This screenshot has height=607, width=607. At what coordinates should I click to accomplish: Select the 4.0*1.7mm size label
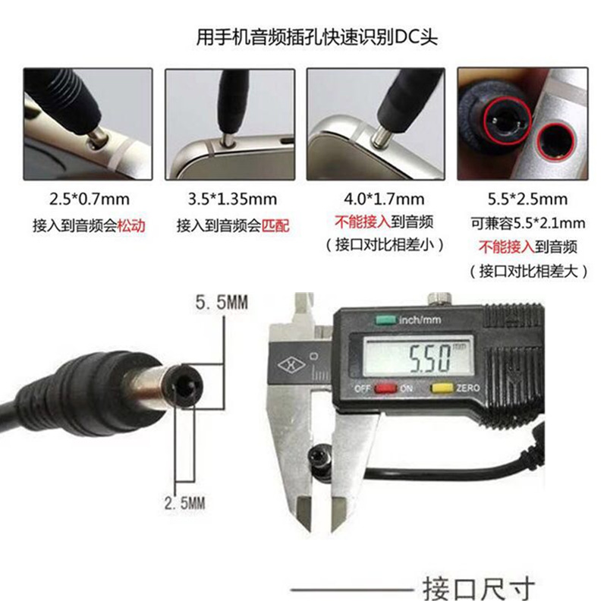(377, 200)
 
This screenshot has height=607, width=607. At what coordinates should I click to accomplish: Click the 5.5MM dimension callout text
(222, 303)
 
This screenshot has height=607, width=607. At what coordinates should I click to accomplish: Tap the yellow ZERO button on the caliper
(440, 388)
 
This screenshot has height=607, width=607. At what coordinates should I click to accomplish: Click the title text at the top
(316, 36)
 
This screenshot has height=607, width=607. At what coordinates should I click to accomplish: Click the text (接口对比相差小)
(377, 245)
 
